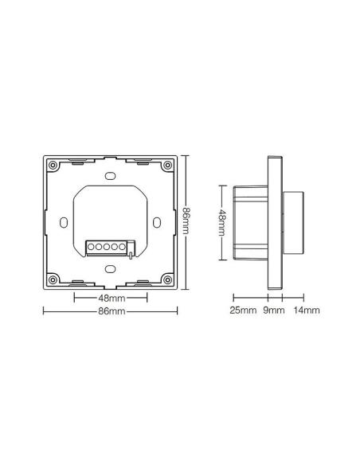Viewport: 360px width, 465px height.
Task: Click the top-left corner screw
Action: click(53, 165)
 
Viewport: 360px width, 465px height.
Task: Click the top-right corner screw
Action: click(167, 165)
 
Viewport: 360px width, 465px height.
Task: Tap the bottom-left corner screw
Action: click(53, 279)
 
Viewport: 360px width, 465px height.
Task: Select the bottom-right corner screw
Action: click(167, 279)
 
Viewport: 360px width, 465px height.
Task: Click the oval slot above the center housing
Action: click(111, 176)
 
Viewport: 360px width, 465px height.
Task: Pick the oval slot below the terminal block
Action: click(111, 269)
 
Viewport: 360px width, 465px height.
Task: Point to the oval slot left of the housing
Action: click(64, 222)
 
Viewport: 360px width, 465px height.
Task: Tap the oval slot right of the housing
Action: click(157, 222)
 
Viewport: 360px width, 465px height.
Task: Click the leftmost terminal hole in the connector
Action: click(91, 247)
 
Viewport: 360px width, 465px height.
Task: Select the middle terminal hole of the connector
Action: click(107, 247)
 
